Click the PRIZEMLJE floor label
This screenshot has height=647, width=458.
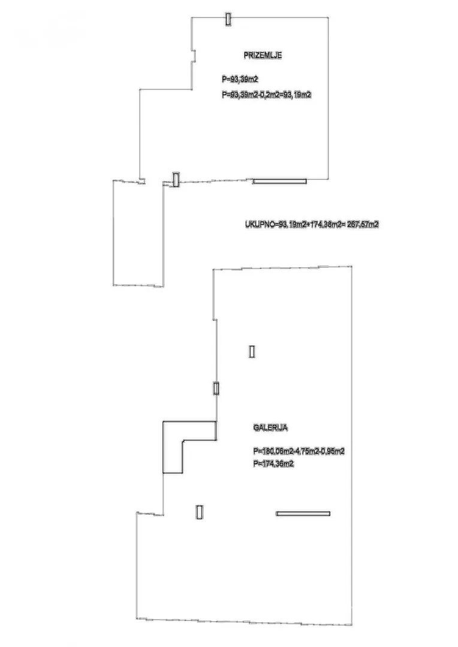tap(263, 56)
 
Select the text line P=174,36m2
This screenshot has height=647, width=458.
tap(273, 463)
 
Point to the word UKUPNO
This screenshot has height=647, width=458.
tap(259, 225)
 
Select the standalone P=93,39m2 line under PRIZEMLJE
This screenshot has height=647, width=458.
tap(240, 78)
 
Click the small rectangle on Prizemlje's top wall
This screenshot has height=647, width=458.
tap(228, 19)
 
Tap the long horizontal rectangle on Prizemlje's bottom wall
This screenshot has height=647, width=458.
tap(279, 181)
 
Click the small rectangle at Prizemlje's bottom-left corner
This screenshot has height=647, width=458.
tap(176, 179)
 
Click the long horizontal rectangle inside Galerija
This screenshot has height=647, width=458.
tap(303, 513)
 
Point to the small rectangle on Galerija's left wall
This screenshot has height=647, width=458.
tap(216, 388)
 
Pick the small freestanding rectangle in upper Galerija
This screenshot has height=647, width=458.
tap(252, 352)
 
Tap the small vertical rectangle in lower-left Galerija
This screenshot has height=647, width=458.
tap(199, 512)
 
